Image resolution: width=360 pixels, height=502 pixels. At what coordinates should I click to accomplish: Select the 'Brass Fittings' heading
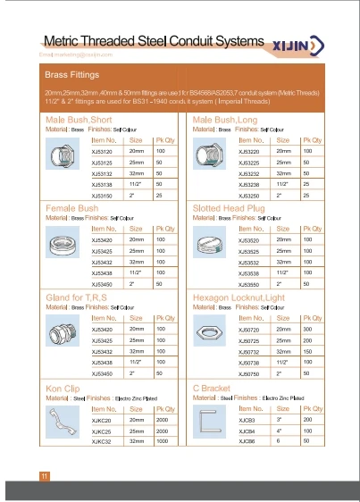(x=72, y=75)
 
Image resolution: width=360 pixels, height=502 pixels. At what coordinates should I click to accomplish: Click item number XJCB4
(x=247, y=430)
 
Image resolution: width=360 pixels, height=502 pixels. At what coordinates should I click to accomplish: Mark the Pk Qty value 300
(x=307, y=330)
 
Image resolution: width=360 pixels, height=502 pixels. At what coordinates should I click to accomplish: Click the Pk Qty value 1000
(x=163, y=440)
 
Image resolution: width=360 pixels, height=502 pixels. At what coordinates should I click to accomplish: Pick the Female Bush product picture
(x=61, y=247)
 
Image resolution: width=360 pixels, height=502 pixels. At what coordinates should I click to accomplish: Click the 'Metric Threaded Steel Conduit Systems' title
(x=154, y=42)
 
